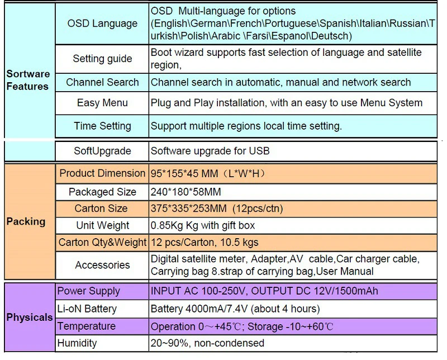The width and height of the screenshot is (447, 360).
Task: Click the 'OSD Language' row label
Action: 102,23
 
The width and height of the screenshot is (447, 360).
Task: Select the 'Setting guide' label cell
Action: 102,59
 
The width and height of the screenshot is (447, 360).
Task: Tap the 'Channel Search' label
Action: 102,82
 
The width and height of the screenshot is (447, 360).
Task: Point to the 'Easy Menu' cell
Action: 102,103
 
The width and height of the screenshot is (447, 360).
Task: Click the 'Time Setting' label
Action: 102,126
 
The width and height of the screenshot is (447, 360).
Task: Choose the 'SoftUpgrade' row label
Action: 102,150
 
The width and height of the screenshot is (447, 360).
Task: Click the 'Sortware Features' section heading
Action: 28,80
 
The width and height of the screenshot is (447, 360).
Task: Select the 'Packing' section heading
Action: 26,222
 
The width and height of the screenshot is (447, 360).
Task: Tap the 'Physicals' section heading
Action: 30,317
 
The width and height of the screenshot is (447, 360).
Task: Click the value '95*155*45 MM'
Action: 184,173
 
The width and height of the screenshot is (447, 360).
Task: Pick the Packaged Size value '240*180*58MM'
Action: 186,192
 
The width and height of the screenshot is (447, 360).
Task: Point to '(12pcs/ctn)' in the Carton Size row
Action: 258,209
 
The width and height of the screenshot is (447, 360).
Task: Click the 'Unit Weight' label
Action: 103,225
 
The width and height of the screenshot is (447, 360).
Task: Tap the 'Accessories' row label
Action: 102,265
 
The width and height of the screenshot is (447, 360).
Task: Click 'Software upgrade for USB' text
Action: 210,150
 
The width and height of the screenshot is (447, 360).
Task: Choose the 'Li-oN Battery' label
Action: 87,309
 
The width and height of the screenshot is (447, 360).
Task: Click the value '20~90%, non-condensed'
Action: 207,343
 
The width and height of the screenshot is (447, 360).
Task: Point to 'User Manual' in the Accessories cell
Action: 345,271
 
